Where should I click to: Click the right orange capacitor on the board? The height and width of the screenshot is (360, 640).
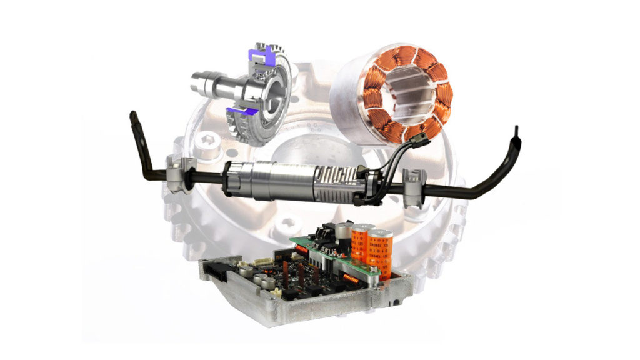tap(381, 253)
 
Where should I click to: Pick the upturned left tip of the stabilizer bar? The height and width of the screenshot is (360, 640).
tap(134, 117)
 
